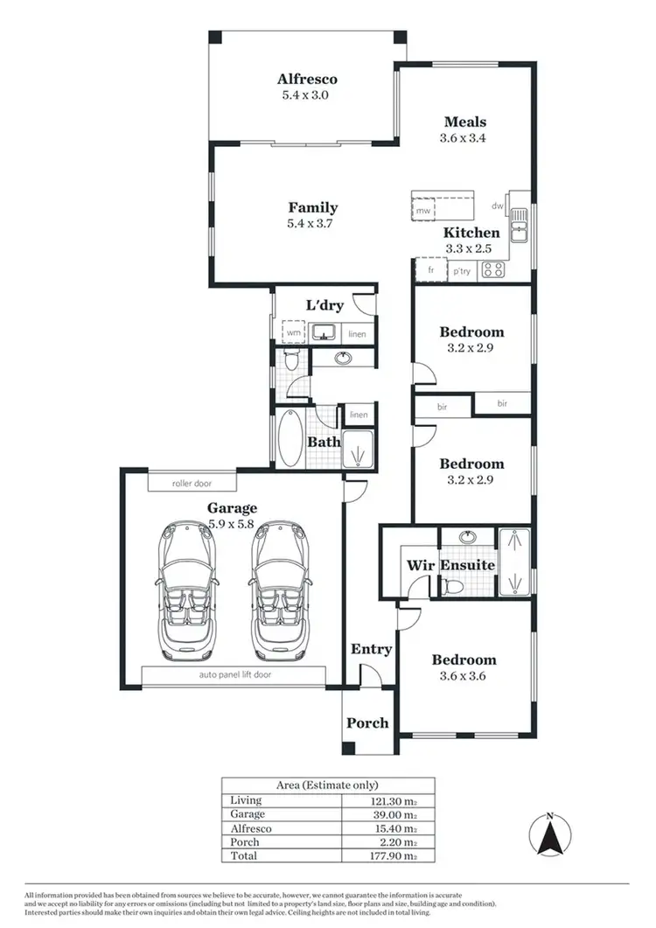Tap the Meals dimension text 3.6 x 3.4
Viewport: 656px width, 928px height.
coord(464,137)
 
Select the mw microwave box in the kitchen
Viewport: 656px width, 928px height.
coord(423,211)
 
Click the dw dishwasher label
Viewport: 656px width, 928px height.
coord(497,206)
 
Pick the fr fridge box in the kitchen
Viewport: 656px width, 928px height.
coord(431,271)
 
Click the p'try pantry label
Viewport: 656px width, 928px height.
coord(462,272)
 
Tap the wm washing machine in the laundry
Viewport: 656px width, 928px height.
coord(292,333)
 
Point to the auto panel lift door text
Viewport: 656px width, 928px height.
coord(234,675)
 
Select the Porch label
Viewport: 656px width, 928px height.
coord(367,722)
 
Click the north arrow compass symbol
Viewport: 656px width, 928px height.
coord(549,835)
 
